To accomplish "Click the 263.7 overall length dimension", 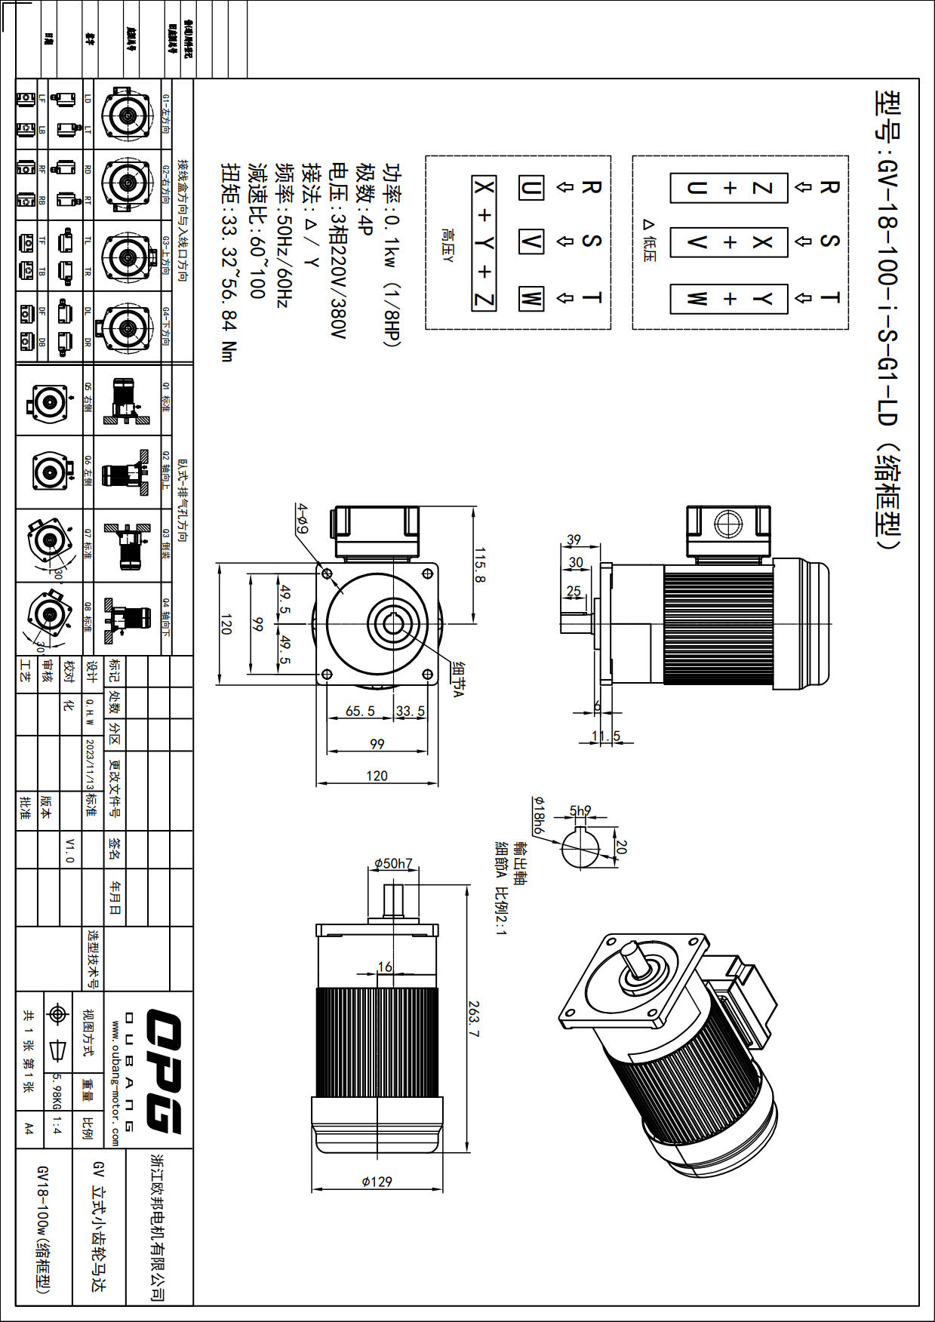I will point(473,1019).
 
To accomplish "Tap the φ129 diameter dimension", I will point(377,1182).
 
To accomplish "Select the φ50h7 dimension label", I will point(393,863).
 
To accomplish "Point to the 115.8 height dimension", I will point(480,565).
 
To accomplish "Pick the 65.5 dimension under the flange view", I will point(360,711).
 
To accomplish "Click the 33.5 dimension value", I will point(411,711).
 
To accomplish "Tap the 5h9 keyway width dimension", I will point(580,811).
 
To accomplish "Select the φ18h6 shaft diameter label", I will point(538,814).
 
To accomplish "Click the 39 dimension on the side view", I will point(574,540).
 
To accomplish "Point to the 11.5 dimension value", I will point(606,736).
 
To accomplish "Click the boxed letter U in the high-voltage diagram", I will point(531,188).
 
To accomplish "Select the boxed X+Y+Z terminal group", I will point(484,243).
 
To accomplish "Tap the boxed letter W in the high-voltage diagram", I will point(531,298).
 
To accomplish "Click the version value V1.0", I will point(69,850).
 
